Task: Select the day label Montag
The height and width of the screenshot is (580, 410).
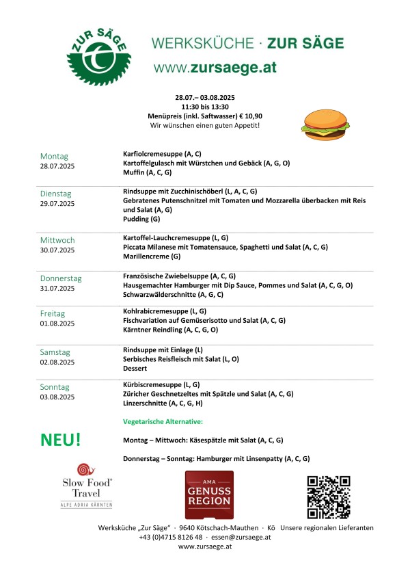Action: click(x=54, y=156)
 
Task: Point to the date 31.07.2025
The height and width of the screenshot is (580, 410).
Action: click(x=57, y=289)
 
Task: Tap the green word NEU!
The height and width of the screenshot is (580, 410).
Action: click(x=61, y=440)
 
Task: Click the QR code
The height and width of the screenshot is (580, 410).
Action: click(x=328, y=497)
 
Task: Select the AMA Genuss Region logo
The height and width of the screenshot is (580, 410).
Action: click(x=208, y=495)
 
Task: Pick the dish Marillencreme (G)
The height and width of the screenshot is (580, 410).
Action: click(x=152, y=256)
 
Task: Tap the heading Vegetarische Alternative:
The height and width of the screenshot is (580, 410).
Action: click(x=163, y=422)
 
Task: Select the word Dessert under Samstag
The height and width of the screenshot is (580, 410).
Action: click(x=135, y=368)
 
